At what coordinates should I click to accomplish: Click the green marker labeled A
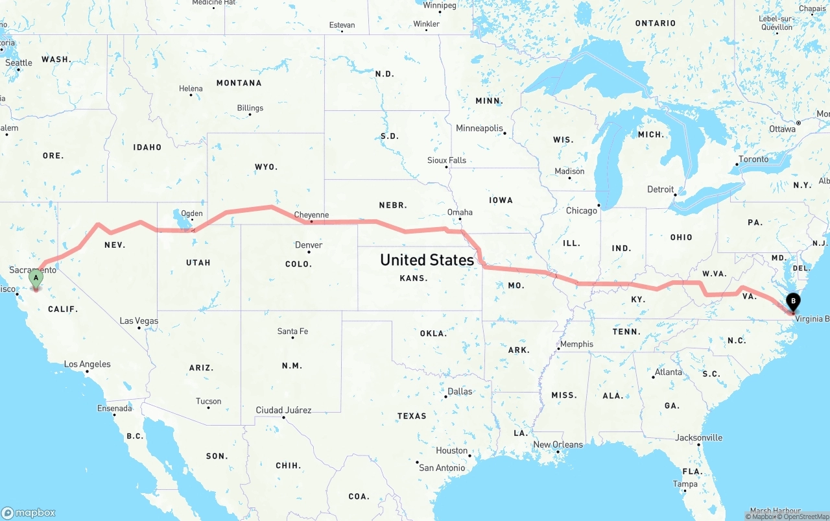click(x=36, y=278)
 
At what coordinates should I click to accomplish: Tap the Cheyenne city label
click(x=311, y=215)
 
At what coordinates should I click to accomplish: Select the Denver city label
click(x=309, y=245)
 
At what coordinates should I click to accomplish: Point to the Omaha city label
click(x=460, y=212)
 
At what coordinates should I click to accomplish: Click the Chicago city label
click(x=581, y=211)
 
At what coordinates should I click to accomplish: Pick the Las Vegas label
click(x=139, y=321)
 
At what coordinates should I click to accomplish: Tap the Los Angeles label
click(x=87, y=365)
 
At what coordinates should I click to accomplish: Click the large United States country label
click(x=427, y=260)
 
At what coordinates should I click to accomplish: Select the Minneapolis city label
click(x=479, y=128)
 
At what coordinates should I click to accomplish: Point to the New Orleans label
click(x=558, y=444)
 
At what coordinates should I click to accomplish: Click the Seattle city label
click(x=19, y=63)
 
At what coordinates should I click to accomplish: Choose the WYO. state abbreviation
click(x=266, y=167)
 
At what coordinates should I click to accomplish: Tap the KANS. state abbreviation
click(x=413, y=278)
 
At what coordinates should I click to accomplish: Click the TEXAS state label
click(x=412, y=416)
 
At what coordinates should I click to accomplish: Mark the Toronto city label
click(x=753, y=160)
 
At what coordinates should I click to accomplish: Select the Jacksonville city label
click(x=698, y=438)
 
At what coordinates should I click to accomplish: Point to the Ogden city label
click(x=192, y=213)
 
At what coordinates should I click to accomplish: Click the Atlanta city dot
click(x=654, y=377)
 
